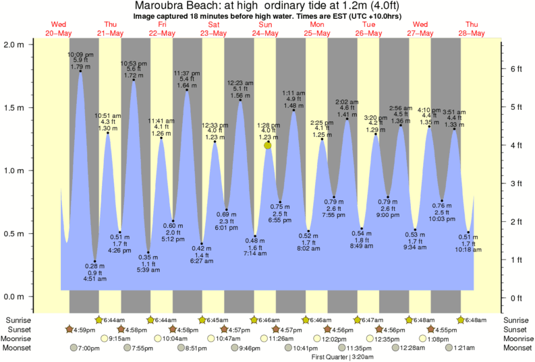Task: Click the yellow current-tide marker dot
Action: tap(268, 146)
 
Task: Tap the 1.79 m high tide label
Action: tap(80, 67)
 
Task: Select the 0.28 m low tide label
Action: tap(95, 267)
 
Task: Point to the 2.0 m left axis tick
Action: tap(16, 44)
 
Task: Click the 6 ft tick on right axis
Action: tap(515, 69)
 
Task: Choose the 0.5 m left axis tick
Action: tap(16, 234)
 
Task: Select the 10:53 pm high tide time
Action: tap(134, 63)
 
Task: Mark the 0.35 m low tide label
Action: tap(148, 257)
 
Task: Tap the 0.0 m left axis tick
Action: tap(16, 297)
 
